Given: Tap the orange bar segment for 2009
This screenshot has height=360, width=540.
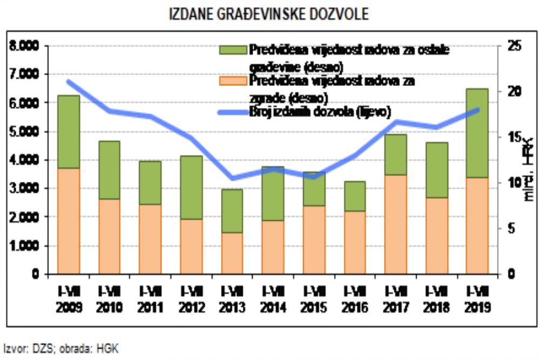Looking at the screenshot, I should tap(69, 221).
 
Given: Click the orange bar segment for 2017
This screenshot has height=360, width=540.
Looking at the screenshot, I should tap(396, 225).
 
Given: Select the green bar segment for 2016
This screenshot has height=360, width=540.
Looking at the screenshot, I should tap(354, 196).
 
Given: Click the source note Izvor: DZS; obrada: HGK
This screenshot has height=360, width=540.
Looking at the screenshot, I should tap(60, 349).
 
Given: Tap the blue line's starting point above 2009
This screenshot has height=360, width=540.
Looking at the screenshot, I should tap(69, 81).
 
